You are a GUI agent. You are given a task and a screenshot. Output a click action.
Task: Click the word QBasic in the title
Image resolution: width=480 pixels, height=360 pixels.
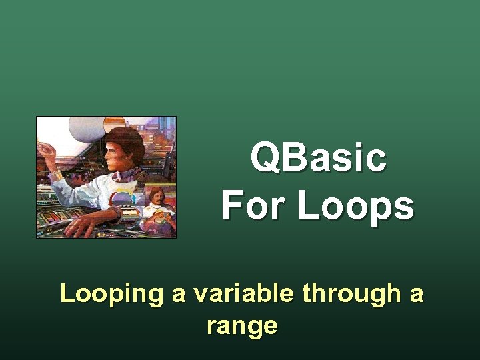click(x=318, y=159)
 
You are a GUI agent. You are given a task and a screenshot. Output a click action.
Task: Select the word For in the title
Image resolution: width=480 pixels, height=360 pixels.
click(x=254, y=205)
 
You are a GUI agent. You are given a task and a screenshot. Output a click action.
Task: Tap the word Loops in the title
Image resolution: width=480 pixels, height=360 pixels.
click(x=355, y=205)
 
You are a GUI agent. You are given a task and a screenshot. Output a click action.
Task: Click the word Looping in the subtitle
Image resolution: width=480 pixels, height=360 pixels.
click(x=111, y=293)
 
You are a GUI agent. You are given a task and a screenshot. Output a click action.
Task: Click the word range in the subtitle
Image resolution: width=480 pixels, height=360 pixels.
click(x=241, y=326)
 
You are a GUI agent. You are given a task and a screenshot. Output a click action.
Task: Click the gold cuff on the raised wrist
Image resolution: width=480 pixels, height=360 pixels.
click(x=56, y=175)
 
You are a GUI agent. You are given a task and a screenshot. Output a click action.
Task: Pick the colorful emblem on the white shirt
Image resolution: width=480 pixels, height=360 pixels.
click(x=123, y=198)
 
